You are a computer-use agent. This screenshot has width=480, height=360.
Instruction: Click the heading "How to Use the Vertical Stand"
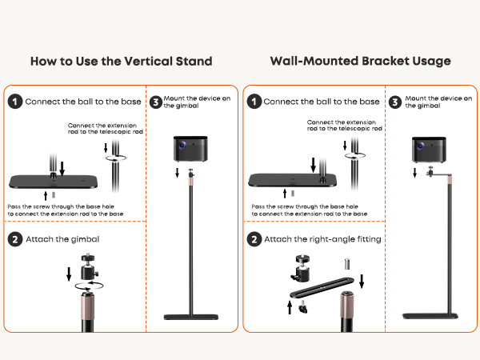click(x=122, y=62)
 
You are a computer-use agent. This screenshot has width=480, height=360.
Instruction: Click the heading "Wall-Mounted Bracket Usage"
click(x=360, y=62)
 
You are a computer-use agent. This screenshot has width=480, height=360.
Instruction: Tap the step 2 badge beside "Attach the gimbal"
click(x=15, y=239)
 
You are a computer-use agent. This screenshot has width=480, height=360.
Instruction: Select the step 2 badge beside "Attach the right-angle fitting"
click(x=254, y=239)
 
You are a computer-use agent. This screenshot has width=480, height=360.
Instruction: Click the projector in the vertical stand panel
click(x=190, y=149)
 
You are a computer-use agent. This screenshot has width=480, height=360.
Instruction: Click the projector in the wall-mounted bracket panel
click(x=429, y=150)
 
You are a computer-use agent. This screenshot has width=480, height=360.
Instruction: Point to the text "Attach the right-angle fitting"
click(x=322, y=239)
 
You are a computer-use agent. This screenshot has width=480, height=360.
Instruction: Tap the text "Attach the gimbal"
click(x=62, y=239)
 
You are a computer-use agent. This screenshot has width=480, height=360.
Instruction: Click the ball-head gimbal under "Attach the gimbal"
click(x=89, y=266)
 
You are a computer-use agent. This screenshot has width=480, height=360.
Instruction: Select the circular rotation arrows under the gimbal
click(x=89, y=286)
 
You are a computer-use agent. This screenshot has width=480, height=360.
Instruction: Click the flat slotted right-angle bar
click(x=322, y=288)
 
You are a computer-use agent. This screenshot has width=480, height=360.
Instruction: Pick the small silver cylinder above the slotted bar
click(x=347, y=264)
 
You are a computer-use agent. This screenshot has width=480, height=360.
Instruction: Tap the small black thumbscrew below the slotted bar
click(x=303, y=306)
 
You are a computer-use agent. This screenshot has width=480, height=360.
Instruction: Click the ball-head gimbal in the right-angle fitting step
click(x=300, y=267)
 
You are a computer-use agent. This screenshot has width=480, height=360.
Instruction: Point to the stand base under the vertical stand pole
click(x=191, y=317)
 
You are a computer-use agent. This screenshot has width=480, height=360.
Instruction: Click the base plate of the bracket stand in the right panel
click(x=430, y=316)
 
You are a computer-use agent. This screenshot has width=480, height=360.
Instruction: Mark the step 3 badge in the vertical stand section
click(x=156, y=102)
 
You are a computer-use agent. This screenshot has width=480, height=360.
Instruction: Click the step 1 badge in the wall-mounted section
click(x=254, y=102)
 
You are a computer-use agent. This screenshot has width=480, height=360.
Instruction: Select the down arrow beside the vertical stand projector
click(x=177, y=172)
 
